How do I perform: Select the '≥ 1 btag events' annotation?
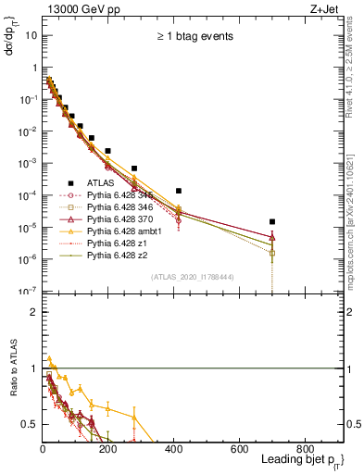[x=193, y=37]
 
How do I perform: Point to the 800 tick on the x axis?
[x=305, y=448]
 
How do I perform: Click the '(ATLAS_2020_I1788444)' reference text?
[x=193, y=277]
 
